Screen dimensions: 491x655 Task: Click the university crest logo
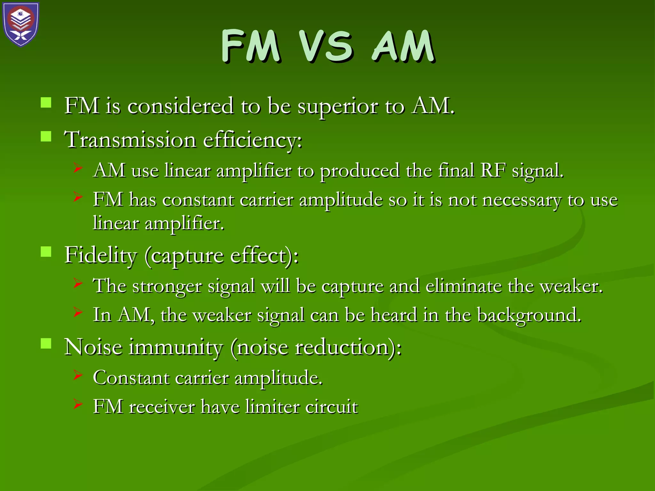pos(21,24)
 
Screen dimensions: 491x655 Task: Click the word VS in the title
pos(326,46)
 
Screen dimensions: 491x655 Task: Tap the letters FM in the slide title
pos(251,46)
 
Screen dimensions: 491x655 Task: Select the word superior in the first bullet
pos(338,106)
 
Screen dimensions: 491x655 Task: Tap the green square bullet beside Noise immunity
pos(46,344)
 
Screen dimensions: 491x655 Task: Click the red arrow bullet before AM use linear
pos(78,168)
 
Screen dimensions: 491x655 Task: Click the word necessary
pos(521,200)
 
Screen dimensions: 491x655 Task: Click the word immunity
pos(176,347)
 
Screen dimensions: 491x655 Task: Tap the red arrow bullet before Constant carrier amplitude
pos(78,375)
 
